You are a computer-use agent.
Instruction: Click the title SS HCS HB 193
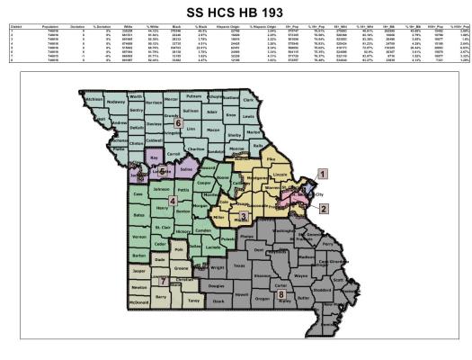(x=236, y=13)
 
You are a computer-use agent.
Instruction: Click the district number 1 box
(x=322, y=172)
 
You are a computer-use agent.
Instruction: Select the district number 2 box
(x=321, y=207)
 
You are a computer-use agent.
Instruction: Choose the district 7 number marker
(x=163, y=281)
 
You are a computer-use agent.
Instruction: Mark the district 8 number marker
(x=281, y=293)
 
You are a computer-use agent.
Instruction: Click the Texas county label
(x=237, y=265)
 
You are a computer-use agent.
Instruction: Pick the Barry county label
(x=162, y=296)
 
